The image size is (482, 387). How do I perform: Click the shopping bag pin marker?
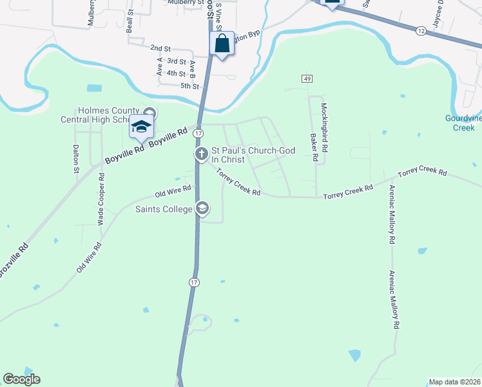pos(222,45)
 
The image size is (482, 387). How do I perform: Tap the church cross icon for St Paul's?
pos(201,154)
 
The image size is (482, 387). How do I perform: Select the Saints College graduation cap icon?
pos(202,208)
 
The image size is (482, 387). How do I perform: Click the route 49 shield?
pos(306,78)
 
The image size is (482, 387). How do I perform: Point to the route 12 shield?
pos(420,30)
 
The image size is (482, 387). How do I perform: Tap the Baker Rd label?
pos(315,148)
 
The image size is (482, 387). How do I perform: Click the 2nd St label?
pos(160,48)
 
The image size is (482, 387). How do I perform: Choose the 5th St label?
pos(189,86)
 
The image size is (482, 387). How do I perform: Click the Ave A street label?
pos(160,66)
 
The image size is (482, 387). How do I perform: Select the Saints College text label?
pos(164,209)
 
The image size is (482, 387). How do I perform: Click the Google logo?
pos(21,379)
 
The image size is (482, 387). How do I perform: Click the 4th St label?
pos(176,74)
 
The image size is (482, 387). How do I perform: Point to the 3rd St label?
pos(176,61)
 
